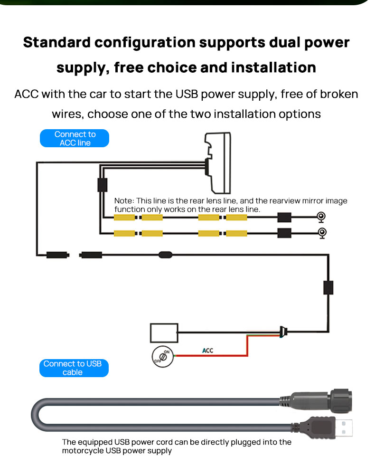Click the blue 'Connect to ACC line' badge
[75, 138]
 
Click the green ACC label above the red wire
[207, 351]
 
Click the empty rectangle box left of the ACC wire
[164, 332]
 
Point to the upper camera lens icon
[321, 218]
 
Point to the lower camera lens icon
[321, 233]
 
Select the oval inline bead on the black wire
[165, 255]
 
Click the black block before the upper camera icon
[284, 218]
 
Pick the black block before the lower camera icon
[284, 233]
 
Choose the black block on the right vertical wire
[328, 287]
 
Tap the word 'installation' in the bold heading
[273, 67]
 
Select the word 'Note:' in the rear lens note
[124, 201]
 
